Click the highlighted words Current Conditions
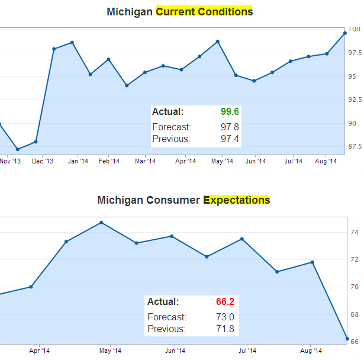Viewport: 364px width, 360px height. click(x=204, y=11)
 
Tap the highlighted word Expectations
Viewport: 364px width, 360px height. click(x=236, y=200)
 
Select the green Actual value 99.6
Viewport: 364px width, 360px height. click(x=229, y=111)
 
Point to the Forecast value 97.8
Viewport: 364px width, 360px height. click(x=229, y=127)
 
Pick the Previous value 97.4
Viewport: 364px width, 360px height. click(x=229, y=139)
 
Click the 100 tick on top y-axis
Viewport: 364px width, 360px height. click(x=355, y=29)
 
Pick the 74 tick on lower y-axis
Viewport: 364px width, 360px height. click(x=354, y=233)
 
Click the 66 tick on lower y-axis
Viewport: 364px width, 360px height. click(x=354, y=341)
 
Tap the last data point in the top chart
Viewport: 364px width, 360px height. click(x=345, y=33)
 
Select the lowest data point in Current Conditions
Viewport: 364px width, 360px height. click(x=17, y=149)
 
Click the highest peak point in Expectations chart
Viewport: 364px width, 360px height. click(x=101, y=223)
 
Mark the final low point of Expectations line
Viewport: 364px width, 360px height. click(x=347, y=339)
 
